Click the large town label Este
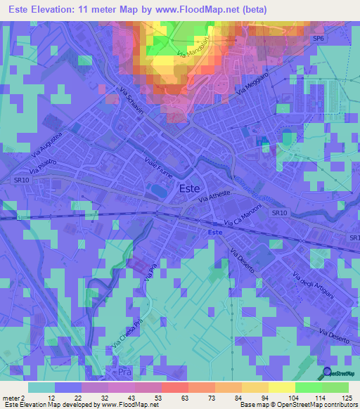tap(189, 188)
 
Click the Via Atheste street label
tap(214, 199)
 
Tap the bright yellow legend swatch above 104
tap(281, 387)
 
